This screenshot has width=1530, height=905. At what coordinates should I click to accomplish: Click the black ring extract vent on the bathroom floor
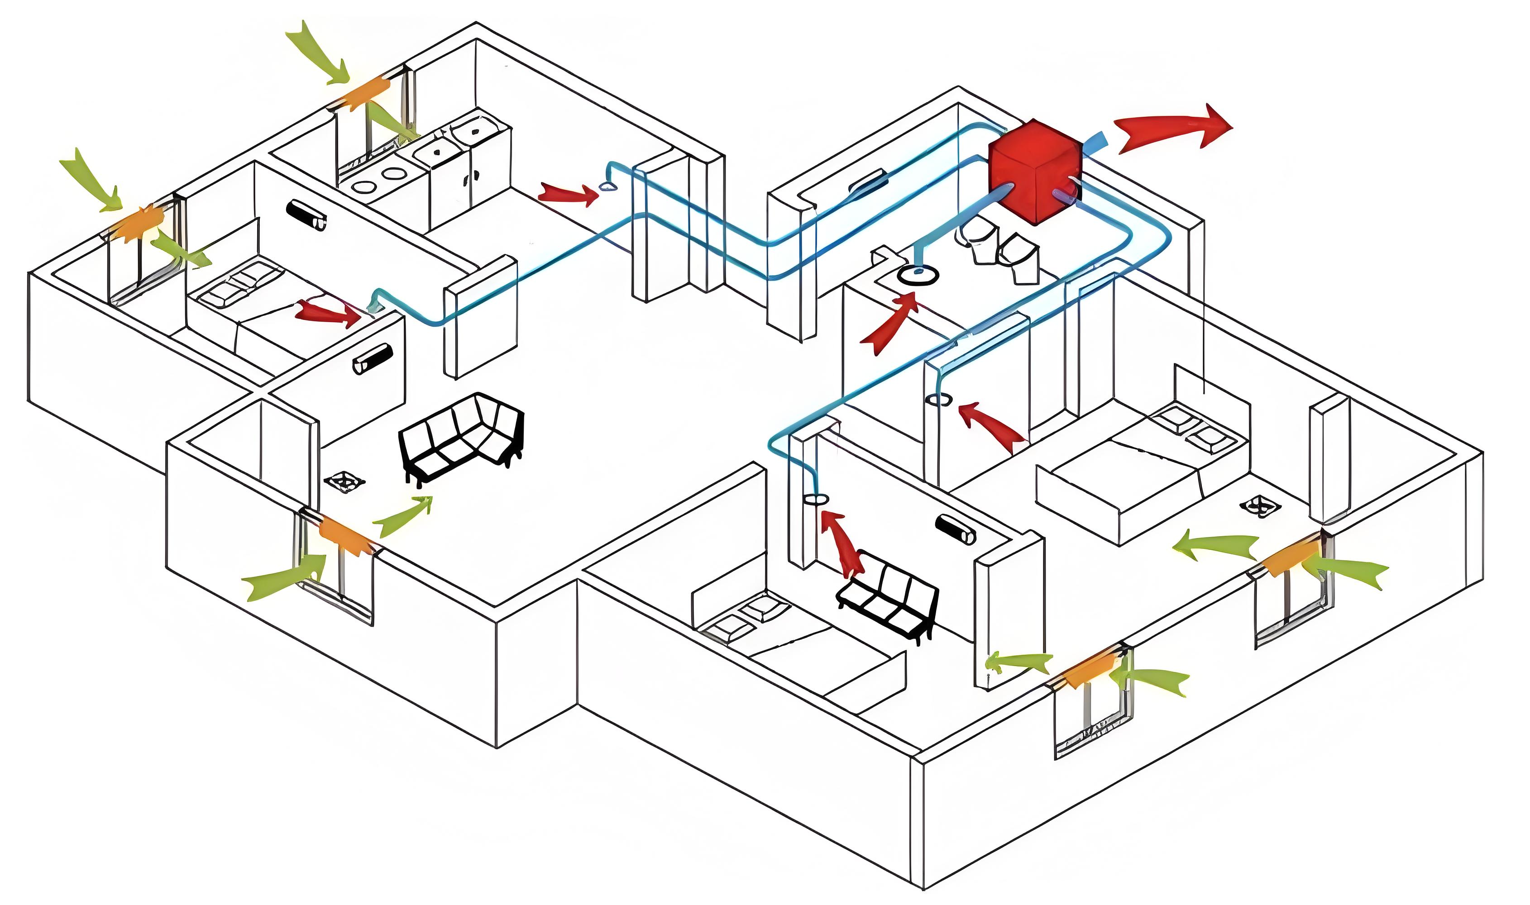pos(917,276)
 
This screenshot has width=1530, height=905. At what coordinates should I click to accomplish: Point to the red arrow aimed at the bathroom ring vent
pos(889,323)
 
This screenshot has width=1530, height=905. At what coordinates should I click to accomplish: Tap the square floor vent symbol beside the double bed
pos(1260,505)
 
